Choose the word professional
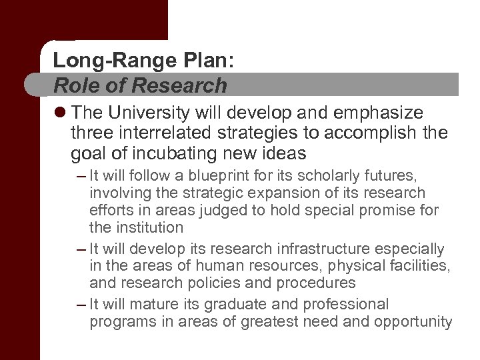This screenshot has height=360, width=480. pos(350,305)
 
